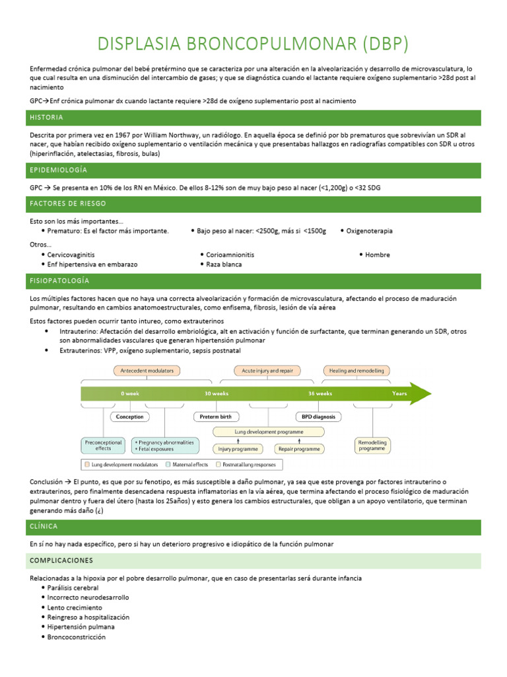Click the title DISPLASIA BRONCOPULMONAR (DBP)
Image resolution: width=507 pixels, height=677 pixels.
253,44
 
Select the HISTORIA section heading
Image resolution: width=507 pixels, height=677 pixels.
46,118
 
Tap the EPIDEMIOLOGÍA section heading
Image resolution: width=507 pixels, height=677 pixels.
58,171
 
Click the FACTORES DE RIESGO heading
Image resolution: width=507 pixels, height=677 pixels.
67,204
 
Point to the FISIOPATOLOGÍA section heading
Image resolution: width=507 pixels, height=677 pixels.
59,281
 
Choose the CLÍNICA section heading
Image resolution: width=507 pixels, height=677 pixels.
44,527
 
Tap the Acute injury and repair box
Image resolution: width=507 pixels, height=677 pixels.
267,370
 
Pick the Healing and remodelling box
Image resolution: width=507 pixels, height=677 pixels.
356,370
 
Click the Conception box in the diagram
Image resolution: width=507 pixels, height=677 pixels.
129,417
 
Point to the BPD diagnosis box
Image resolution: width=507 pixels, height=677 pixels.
318,417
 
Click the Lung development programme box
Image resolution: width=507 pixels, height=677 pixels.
269,432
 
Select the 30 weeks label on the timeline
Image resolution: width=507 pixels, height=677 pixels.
217,393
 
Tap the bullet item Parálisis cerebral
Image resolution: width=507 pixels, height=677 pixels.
73,588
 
